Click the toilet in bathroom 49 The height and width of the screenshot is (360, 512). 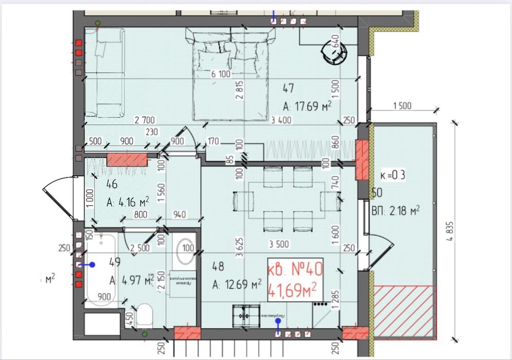pyautogui.click(x=144, y=315)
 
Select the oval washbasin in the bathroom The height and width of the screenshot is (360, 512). pyautogui.click(x=185, y=253)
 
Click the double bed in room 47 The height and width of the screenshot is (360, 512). pyautogui.click(x=231, y=75)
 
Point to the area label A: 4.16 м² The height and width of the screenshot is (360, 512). pyautogui.click(x=127, y=202)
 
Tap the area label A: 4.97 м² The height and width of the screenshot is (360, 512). pyautogui.click(x=131, y=280)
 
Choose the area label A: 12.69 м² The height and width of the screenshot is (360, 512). pyautogui.click(x=237, y=284)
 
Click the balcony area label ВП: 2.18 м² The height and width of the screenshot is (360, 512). pyautogui.click(x=396, y=210)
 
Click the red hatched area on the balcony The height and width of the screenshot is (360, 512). pyautogui.click(x=404, y=312)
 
